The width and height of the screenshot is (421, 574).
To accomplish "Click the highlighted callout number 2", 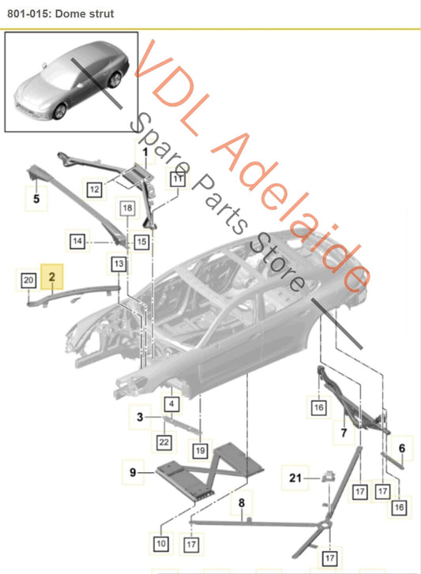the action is click(x=51, y=277).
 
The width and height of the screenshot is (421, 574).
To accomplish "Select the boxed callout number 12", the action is click(x=95, y=189).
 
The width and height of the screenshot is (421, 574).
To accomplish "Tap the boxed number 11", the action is click(x=178, y=179).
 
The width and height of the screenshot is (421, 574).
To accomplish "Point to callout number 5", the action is click(x=36, y=199).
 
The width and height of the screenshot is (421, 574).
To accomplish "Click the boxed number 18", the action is click(x=127, y=208).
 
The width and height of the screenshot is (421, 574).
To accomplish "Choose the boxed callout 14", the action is click(x=77, y=242).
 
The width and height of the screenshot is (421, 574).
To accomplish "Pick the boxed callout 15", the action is click(x=141, y=242).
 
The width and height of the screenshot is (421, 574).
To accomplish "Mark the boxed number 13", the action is click(x=118, y=264).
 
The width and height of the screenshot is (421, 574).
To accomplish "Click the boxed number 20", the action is click(x=28, y=281).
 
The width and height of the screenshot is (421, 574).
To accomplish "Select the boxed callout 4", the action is click(x=171, y=404).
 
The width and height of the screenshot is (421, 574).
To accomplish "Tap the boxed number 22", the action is click(x=164, y=442).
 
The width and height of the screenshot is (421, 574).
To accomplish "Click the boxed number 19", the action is click(x=201, y=450).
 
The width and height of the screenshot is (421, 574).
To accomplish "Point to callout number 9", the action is click(x=133, y=472).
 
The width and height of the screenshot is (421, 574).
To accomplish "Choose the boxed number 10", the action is click(x=161, y=544).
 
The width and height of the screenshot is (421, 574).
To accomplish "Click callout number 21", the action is click(x=295, y=478).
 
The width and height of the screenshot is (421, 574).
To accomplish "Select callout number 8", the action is click(x=241, y=503).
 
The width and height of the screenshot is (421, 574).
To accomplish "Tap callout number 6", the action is click(x=402, y=448).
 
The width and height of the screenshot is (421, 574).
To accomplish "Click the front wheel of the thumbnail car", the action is click(x=59, y=111).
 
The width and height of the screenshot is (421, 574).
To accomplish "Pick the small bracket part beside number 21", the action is click(x=329, y=476).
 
